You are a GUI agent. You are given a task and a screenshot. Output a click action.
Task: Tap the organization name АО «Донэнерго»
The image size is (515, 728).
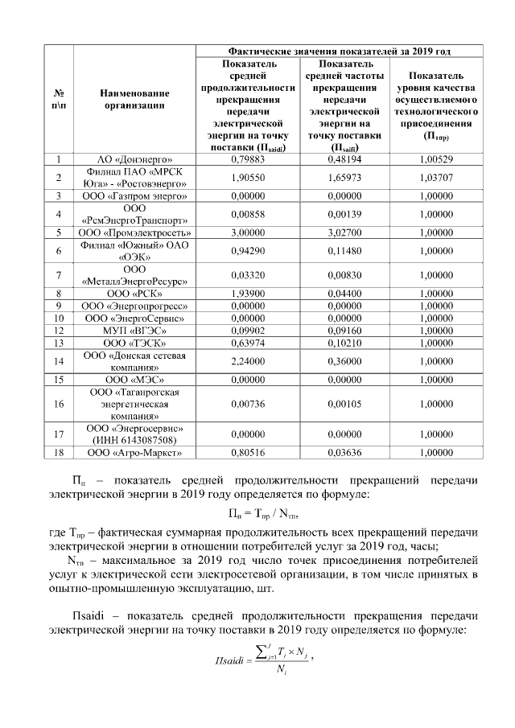134,160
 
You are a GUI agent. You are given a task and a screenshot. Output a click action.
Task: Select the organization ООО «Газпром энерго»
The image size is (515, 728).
134,195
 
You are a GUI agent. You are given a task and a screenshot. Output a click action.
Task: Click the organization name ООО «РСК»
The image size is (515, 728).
134,294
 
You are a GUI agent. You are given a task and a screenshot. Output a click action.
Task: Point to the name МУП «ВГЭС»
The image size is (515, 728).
134,331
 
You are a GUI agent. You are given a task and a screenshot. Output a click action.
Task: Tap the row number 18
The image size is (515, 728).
59,453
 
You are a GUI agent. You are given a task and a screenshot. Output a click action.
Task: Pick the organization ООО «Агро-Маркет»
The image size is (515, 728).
134,453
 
